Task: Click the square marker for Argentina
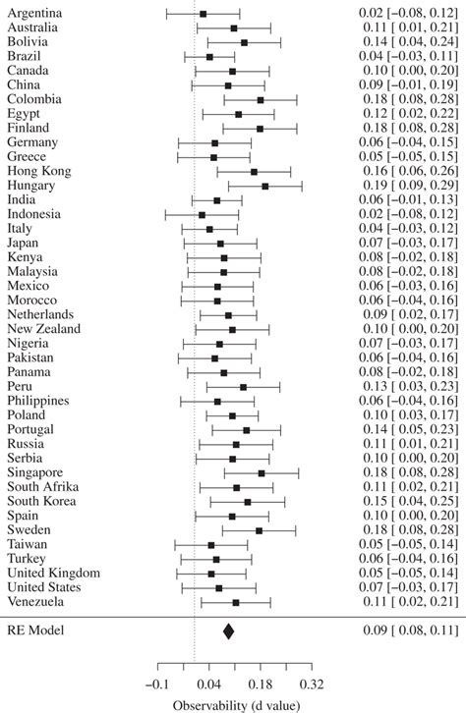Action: (204, 14)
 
